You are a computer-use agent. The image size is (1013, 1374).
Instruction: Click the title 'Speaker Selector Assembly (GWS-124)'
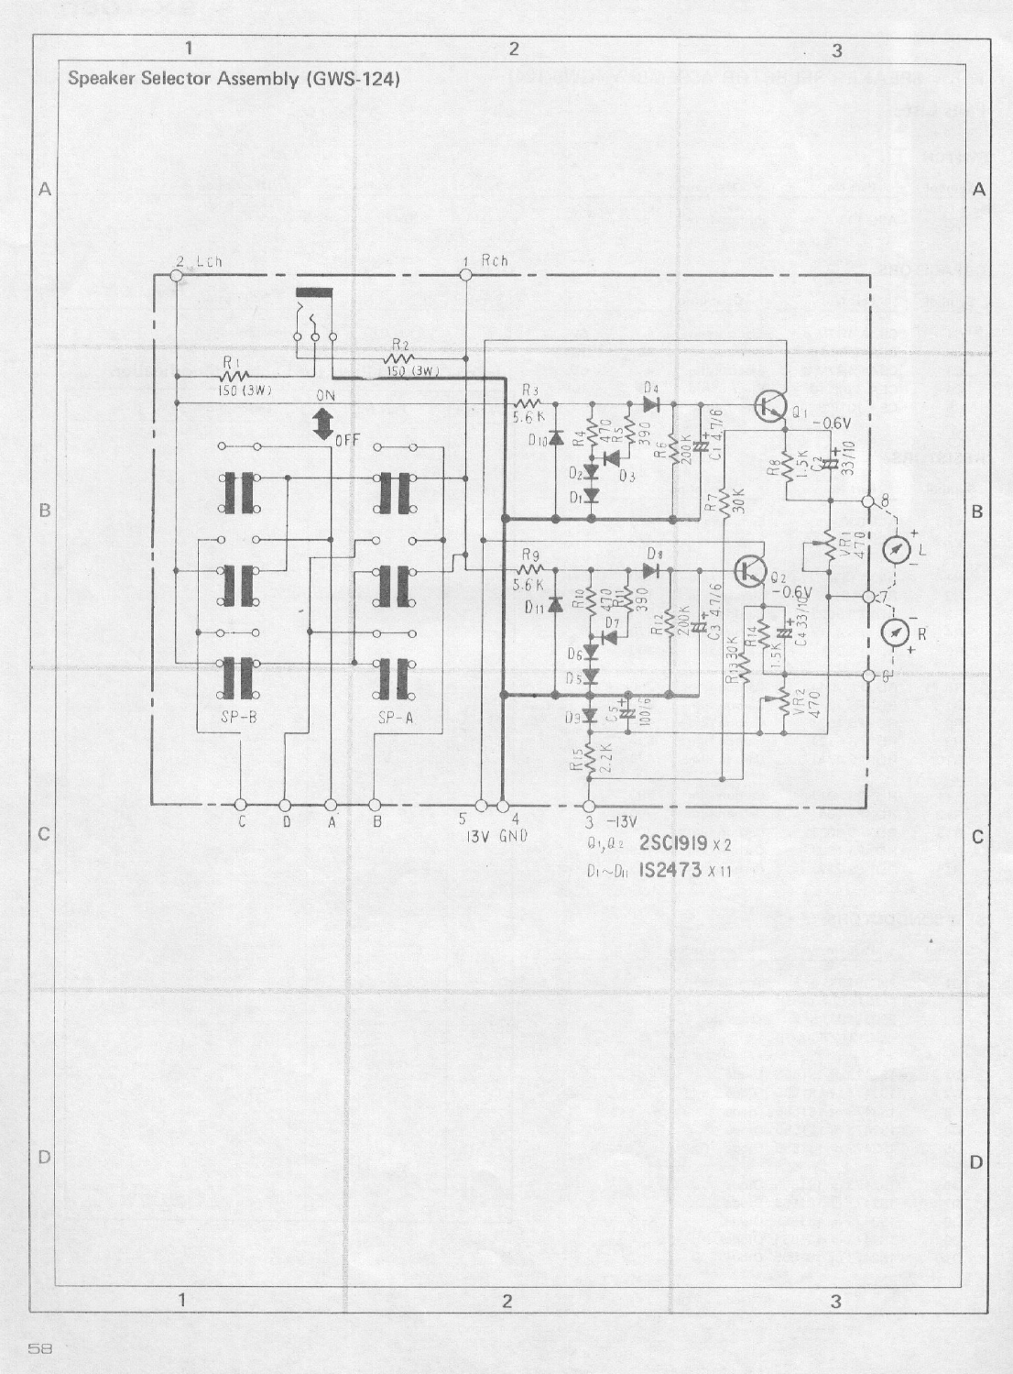(x=234, y=79)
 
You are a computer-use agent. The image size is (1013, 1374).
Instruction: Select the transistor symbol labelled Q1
(x=770, y=405)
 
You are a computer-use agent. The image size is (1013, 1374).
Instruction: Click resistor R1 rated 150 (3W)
(x=234, y=375)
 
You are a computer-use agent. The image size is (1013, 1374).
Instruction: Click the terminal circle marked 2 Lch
(x=177, y=275)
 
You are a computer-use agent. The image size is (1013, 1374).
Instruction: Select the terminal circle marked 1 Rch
(x=464, y=274)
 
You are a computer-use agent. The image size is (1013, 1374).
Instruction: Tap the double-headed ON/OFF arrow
(x=321, y=424)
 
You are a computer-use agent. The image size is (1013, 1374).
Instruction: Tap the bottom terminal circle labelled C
(x=241, y=806)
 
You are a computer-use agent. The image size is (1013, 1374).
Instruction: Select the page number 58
(x=39, y=1348)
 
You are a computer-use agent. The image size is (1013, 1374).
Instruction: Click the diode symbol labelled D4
(x=651, y=402)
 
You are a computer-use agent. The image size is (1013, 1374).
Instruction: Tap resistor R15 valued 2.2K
(x=591, y=756)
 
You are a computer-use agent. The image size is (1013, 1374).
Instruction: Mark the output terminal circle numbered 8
(x=869, y=501)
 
